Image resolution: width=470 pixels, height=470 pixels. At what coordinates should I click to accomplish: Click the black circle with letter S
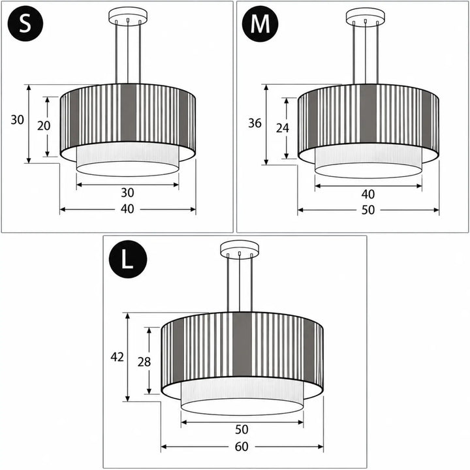point(25,23)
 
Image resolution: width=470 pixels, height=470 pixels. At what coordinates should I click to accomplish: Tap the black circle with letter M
point(260,23)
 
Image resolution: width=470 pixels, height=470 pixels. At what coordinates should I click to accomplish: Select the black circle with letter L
point(128,259)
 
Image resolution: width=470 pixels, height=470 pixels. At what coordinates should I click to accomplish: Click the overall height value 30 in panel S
point(17,119)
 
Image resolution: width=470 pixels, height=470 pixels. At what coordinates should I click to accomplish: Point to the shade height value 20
point(44,125)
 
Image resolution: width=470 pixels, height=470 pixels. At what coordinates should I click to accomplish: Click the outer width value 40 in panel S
point(127,209)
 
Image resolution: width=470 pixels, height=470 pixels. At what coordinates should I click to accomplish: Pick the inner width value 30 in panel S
point(127,193)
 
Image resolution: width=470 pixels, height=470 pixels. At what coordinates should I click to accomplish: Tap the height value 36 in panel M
point(255,123)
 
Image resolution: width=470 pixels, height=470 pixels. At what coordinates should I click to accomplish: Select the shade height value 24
point(283,128)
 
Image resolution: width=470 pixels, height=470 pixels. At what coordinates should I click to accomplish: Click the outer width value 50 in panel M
point(368,210)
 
